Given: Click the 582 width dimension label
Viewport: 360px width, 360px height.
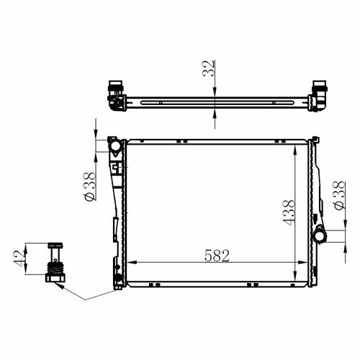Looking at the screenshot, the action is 217,256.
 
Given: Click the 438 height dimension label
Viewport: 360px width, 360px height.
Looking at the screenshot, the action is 288,212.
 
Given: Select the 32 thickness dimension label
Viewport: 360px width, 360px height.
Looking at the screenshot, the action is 208,68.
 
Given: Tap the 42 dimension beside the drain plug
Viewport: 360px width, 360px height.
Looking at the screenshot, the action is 19,258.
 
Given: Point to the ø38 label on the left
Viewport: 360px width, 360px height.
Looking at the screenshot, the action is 90,186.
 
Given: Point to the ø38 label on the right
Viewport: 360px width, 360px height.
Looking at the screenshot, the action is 340,196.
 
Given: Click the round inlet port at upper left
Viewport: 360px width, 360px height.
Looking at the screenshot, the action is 115,145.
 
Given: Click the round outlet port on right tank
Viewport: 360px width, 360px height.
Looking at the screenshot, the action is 320,236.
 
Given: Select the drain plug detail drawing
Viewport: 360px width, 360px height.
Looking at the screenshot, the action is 55,262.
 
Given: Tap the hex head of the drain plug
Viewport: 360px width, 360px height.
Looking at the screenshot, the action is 55,278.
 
